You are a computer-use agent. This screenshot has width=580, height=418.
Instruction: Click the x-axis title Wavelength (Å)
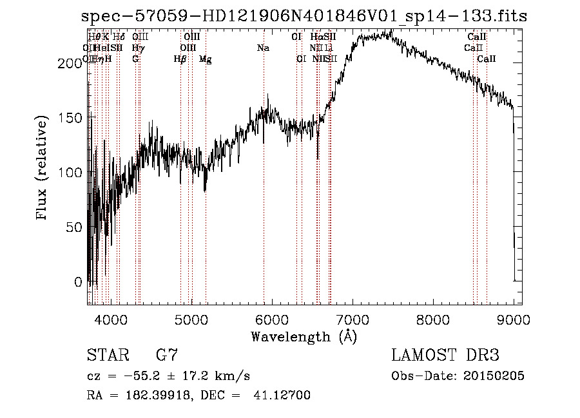point(304,336)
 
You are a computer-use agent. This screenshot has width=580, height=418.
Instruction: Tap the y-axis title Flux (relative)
point(43,169)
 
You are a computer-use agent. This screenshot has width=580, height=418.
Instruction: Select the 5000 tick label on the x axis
point(191,319)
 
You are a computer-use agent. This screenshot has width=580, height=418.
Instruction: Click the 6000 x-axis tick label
point(272,319)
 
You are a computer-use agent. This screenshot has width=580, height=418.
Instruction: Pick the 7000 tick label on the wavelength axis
point(353,319)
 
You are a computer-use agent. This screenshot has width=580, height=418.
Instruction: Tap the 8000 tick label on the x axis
point(433,319)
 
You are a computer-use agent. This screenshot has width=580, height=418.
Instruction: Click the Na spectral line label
point(263,48)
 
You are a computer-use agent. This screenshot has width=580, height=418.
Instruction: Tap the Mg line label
point(205,59)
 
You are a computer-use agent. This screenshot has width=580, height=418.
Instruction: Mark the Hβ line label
point(180,59)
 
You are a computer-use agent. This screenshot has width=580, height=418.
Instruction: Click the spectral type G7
point(167,355)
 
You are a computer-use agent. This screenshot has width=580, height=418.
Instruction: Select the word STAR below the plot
point(106,355)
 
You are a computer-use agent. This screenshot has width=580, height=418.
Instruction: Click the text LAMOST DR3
point(445,355)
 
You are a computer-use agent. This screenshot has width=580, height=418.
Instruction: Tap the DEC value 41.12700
point(283,395)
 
